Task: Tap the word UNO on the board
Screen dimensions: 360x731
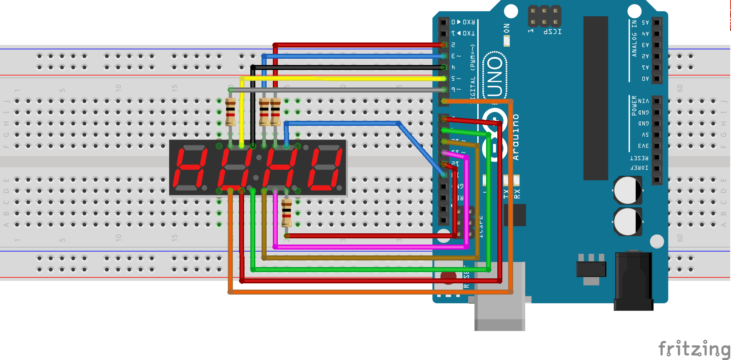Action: [x=495, y=77]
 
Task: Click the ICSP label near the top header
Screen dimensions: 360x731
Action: [x=552, y=32]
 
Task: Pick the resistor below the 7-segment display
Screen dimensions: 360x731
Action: [x=287, y=212]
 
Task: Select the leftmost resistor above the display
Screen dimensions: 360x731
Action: [x=230, y=112]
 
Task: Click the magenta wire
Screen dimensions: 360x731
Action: [x=371, y=247]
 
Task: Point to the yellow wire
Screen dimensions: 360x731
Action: [x=342, y=78]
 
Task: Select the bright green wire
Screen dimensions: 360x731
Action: [x=371, y=270]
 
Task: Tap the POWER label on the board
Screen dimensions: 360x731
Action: [x=634, y=106]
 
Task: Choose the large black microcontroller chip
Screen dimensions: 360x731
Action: [x=596, y=98]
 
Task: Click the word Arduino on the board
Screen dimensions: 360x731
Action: [x=516, y=137]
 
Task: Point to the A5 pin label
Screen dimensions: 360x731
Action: [x=645, y=22]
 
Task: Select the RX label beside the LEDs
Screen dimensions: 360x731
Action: [x=517, y=194]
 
